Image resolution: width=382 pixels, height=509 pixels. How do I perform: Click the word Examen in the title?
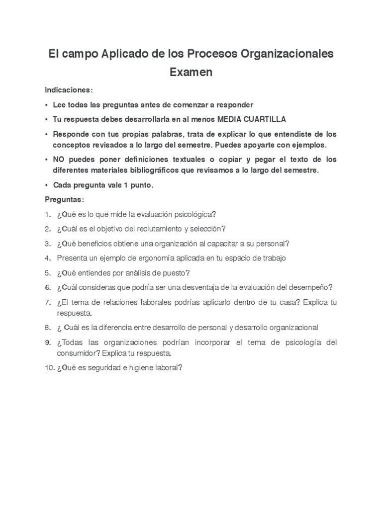pos(191,72)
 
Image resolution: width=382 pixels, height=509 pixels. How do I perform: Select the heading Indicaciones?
pos(69,90)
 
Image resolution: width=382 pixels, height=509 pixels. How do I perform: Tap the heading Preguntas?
pos(65,199)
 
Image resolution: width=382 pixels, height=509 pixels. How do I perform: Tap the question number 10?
pos(49,368)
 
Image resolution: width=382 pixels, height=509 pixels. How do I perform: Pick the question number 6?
pos(47,287)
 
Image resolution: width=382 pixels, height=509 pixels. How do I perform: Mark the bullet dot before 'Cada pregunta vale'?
pos(46,185)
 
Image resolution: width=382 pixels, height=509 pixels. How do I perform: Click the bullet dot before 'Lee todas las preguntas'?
pos(46,105)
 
